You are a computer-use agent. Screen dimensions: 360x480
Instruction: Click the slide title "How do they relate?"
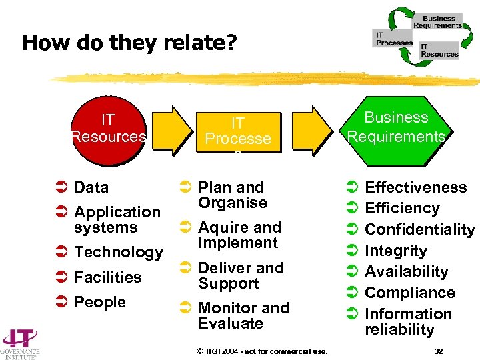click(129, 43)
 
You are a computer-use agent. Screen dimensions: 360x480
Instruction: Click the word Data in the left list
click(91, 187)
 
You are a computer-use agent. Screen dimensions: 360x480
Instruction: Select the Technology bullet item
click(119, 252)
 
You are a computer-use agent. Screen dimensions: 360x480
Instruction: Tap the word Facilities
click(108, 277)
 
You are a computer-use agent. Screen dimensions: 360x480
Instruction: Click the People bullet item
click(100, 302)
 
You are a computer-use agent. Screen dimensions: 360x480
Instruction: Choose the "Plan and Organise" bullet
click(232, 195)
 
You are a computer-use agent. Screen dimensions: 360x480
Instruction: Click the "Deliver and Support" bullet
click(241, 275)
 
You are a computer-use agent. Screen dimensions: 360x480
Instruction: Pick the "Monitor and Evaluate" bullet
click(243, 315)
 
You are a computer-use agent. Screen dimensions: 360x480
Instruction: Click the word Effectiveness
click(416, 187)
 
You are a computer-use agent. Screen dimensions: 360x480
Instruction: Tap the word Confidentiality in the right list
click(419, 229)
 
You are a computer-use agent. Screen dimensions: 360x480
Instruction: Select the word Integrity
click(395, 251)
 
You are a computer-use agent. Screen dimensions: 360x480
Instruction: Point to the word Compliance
click(409, 293)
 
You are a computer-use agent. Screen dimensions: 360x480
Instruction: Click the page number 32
click(438, 351)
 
